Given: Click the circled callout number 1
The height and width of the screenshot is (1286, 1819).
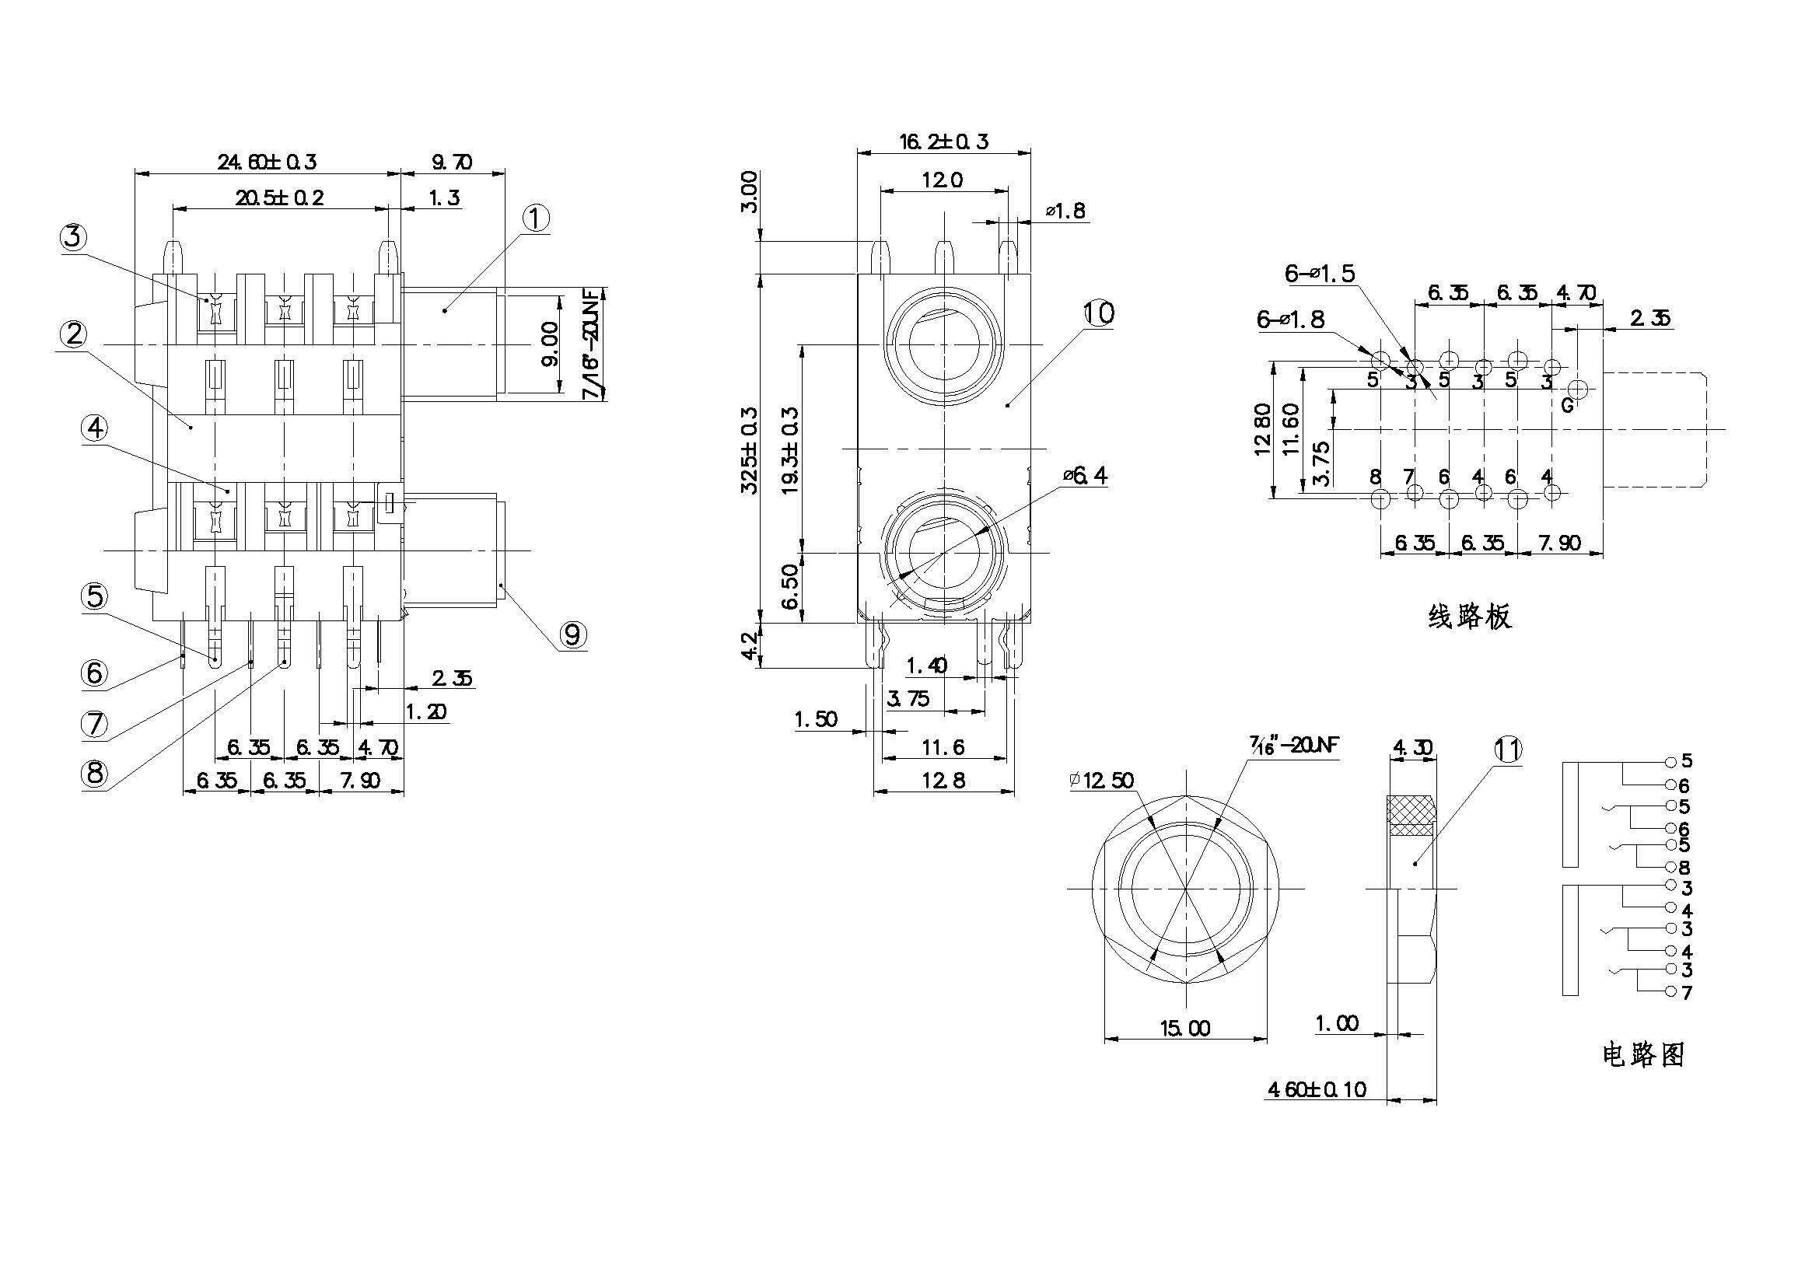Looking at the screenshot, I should tap(536, 218).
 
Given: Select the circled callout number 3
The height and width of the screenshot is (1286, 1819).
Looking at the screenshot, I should tap(73, 237).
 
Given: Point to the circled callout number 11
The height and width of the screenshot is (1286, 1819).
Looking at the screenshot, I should tap(1507, 749).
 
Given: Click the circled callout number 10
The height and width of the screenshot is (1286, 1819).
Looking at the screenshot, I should tap(1098, 313).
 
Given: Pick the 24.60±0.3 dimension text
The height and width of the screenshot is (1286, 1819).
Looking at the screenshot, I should tap(267, 162).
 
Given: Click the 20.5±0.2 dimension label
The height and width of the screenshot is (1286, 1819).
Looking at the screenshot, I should tap(279, 198).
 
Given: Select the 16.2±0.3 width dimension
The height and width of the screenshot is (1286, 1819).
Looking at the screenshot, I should tap(943, 142).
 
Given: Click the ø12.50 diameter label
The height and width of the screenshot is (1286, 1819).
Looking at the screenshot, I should tap(1101, 781).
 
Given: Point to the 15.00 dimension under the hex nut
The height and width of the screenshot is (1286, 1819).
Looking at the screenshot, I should tap(1185, 1029).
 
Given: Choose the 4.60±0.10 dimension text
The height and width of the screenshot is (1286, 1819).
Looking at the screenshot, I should tap(1317, 1089).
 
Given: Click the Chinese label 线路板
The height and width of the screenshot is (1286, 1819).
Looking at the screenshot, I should tap(1470, 616).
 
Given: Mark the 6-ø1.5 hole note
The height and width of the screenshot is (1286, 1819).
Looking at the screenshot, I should tap(1320, 274).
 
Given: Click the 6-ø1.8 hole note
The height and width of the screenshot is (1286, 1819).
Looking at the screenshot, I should tap(1289, 320).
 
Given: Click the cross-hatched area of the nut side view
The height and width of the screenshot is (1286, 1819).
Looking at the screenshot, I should tap(1410, 816).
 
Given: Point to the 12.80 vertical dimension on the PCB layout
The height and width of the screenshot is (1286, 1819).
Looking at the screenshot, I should tap(1263, 430).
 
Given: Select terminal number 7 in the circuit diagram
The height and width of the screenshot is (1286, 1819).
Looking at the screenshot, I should tap(1687, 993).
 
